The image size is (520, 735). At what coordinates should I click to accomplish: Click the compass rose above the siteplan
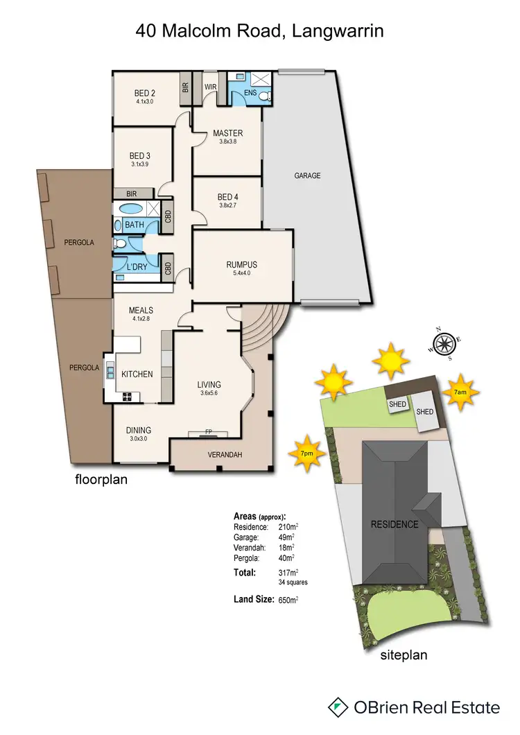(442, 343)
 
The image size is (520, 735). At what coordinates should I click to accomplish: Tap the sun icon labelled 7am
(461, 391)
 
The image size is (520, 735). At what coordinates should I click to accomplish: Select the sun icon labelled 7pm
(306, 452)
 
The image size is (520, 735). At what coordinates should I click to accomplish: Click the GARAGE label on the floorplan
(307, 176)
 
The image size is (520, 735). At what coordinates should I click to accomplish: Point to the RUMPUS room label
(241, 264)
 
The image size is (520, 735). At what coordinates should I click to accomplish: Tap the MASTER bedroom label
(227, 133)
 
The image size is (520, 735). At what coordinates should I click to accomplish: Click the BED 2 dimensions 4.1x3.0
(144, 101)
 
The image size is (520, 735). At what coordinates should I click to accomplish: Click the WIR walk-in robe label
(211, 87)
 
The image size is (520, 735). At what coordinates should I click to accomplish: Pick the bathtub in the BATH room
(130, 209)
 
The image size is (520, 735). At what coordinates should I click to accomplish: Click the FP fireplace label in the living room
(208, 433)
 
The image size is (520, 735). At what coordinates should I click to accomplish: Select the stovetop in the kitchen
(128, 397)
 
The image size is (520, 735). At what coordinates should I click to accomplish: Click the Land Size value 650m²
(288, 600)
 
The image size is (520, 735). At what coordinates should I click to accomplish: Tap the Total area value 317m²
(288, 573)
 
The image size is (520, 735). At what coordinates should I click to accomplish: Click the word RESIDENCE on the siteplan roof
(394, 524)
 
